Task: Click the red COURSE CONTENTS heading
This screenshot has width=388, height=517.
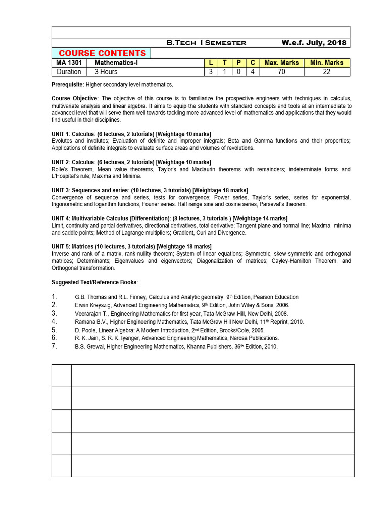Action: click(x=102, y=53)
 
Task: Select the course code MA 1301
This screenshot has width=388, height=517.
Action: click(x=69, y=63)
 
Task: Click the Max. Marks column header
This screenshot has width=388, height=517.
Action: click(x=281, y=63)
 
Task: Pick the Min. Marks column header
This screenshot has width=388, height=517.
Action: click(x=326, y=63)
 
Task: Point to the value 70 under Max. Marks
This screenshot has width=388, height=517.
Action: click(x=281, y=72)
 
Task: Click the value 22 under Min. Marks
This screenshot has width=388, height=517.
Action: click(x=326, y=72)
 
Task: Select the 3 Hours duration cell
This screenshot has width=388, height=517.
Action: click(x=106, y=72)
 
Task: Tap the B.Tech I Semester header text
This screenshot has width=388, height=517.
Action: click(x=206, y=43)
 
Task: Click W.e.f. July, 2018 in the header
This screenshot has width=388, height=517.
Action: click(x=314, y=43)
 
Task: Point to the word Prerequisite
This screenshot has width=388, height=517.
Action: click(x=68, y=84)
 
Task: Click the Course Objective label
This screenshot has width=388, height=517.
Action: click(x=75, y=98)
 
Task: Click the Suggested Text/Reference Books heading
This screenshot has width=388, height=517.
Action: click(x=94, y=282)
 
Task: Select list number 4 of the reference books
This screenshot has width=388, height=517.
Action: click(x=55, y=321)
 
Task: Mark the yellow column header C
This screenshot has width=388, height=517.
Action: click(x=252, y=63)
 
